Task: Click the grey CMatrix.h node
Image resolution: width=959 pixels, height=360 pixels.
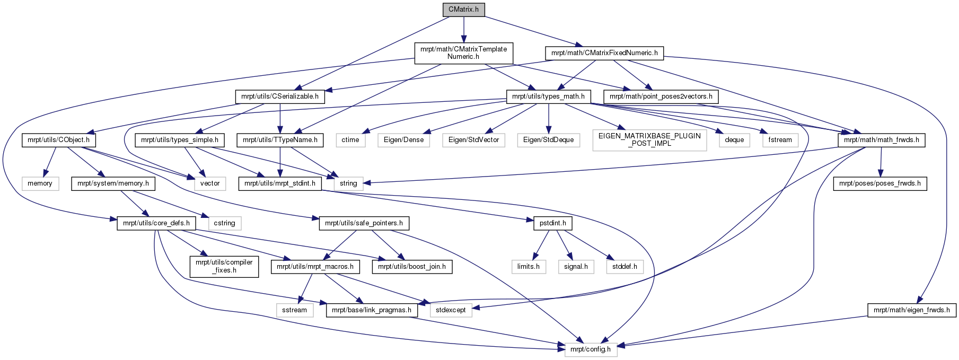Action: (x=463, y=10)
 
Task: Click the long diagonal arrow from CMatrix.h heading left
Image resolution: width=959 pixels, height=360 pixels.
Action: (x=371, y=53)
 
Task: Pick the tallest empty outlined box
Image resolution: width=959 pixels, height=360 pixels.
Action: (x=649, y=141)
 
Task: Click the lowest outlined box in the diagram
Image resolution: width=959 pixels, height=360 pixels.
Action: (x=591, y=350)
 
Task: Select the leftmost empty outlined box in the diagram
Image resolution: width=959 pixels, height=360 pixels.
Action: (x=40, y=183)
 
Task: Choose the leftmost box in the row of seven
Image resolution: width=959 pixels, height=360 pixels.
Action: (x=350, y=140)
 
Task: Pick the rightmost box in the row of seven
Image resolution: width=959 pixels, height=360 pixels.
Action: (x=780, y=140)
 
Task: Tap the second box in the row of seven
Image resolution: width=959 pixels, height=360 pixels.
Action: (x=403, y=140)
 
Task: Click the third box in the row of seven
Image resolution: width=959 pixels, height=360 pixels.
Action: (x=473, y=140)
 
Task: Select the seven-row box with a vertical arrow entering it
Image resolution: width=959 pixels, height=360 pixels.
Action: (x=548, y=140)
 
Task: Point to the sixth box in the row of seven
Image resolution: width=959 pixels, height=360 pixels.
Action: (x=734, y=140)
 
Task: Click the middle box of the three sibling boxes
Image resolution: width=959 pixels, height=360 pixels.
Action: (x=576, y=267)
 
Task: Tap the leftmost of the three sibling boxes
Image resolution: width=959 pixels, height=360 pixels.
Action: (x=529, y=267)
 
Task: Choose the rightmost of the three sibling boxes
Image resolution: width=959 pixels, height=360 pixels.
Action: (x=624, y=267)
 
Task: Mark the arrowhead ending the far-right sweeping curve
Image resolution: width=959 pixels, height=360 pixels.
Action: (x=919, y=300)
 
